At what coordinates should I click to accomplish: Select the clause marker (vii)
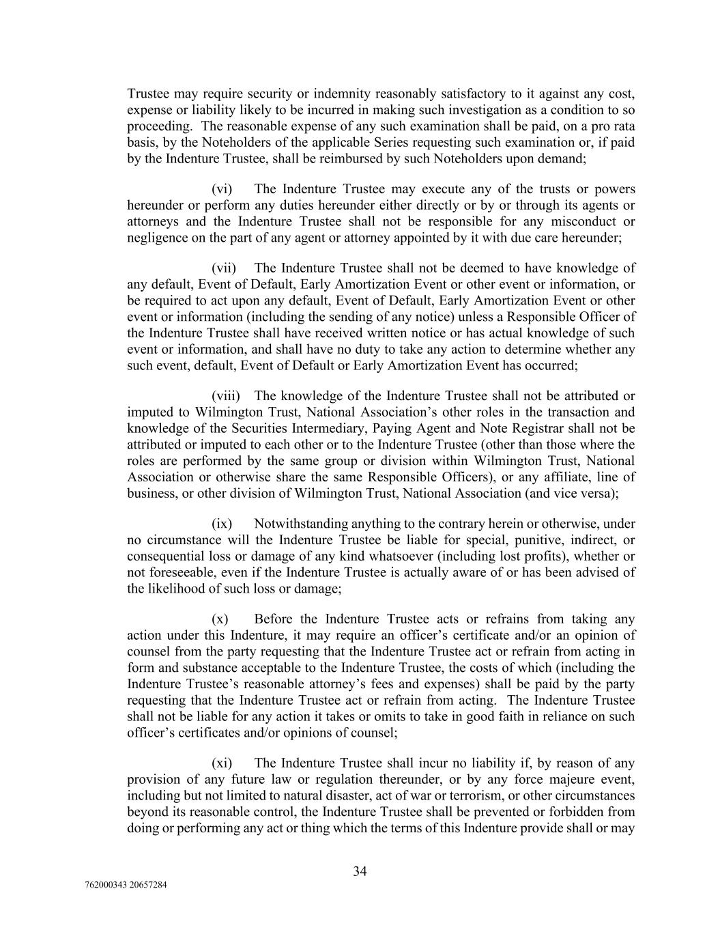(x=224, y=268)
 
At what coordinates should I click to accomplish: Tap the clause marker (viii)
(x=226, y=396)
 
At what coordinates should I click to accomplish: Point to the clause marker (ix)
(x=222, y=524)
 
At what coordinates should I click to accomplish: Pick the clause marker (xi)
(x=222, y=763)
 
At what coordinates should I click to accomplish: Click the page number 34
(x=360, y=871)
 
